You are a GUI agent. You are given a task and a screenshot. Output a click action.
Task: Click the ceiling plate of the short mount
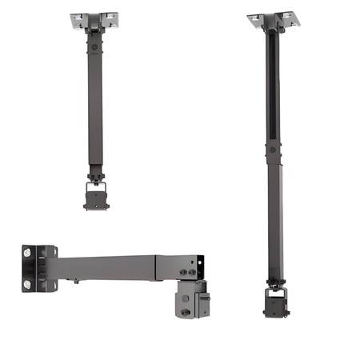pos(94,20)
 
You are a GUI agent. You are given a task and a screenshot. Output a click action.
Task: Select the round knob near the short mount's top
pos(94,48)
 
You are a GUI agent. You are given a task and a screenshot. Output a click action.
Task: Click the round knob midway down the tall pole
pos(272,149)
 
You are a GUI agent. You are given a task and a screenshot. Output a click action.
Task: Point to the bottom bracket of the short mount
pos(97,195)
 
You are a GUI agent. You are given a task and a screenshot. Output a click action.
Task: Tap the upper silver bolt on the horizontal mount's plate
pos(29,253)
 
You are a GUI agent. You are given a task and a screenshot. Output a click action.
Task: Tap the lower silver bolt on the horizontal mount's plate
pos(29,284)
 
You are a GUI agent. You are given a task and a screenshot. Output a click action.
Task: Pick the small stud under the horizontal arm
pos(75,281)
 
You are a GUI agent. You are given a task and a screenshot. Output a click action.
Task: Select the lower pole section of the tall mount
pos(273,216)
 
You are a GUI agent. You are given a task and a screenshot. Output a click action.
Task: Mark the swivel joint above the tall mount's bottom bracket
pos(273,282)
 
